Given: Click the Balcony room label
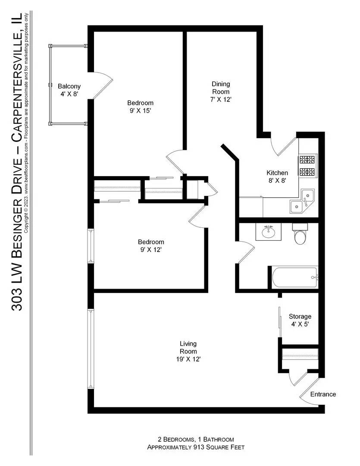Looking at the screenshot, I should (x=69, y=86).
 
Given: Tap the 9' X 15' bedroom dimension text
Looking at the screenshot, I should (x=140, y=110).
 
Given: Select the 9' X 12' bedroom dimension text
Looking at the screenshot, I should (x=151, y=249).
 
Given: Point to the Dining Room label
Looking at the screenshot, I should (x=220, y=88).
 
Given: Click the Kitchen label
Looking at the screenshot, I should (x=277, y=173).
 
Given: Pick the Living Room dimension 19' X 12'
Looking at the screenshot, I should (x=188, y=359).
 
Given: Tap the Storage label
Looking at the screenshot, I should (x=300, y=316).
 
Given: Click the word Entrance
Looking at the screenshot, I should (x=323, y=394).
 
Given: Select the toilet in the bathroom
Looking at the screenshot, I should (x=300, y=235).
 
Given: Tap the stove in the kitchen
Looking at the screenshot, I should (x=308, y=166).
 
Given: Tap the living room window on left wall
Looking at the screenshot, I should (x=91, y=348).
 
